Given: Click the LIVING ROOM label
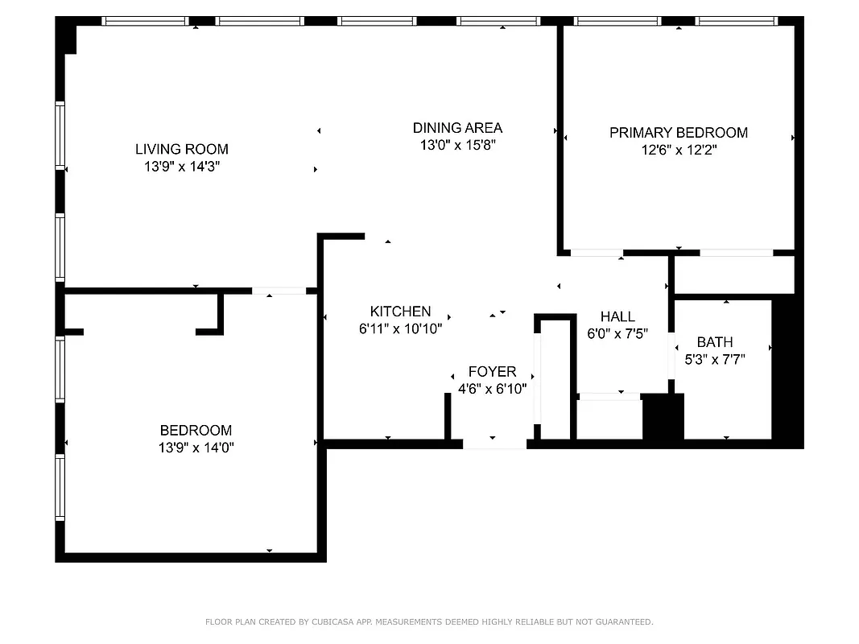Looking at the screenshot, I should click(x=181, y=149).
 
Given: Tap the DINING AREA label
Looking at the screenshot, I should click(x=457, y=128).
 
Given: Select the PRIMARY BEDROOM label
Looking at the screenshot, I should click(x=678, y=133).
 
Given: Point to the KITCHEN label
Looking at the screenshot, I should click(x=400, y=312).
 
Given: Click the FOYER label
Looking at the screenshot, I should click(x=492, y=372).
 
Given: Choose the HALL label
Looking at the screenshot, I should click(x=617, y=317).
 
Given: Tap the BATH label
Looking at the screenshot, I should click(x=715, y=342).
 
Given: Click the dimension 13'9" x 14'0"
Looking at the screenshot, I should click(x=196, y=448).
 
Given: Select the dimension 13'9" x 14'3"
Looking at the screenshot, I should click(x=181, y=167).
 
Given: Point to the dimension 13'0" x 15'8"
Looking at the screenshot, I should click(x=457, y=146).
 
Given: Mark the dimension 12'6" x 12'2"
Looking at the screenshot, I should click(x=678, y=150).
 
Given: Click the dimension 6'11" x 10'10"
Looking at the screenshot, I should click(x=400, y=328).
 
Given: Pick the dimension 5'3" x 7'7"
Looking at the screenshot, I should click(x=715, y=360).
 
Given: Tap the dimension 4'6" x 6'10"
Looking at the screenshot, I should click(x=492, y=389).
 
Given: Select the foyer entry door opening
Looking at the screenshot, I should click(x=494, y=444).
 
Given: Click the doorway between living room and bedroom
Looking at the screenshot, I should click(x=279, y=291).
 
